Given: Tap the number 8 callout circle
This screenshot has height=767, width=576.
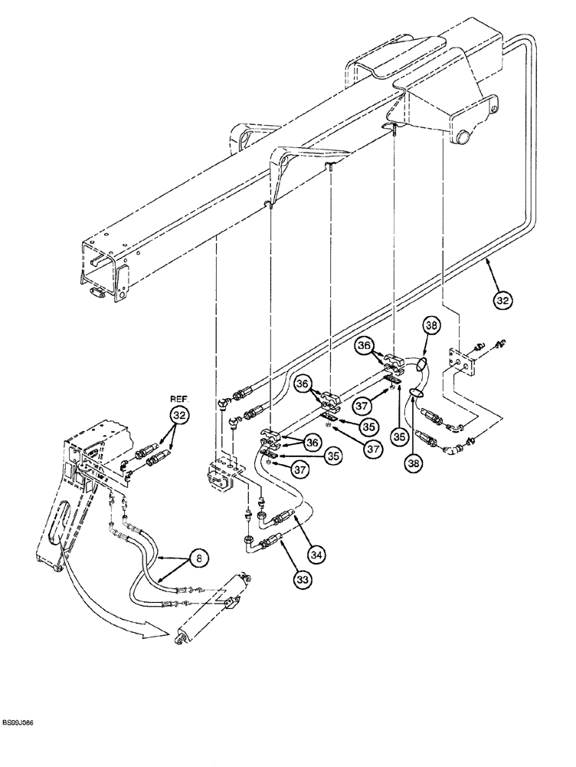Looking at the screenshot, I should [198, 560].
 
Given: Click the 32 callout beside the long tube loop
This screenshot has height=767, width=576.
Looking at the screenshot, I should [502, 301].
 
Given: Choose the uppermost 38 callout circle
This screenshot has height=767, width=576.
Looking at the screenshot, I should [432, 327].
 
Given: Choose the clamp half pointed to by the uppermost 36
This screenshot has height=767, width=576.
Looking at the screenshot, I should [391, 358].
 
